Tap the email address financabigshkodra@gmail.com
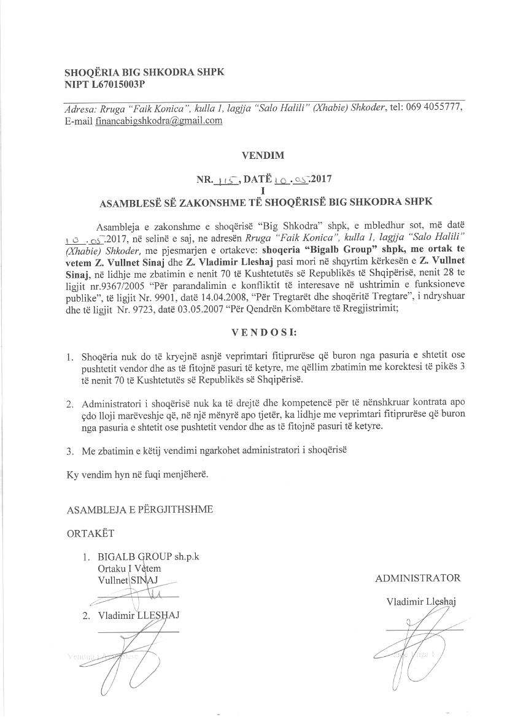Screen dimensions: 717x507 click(x=159, y=121)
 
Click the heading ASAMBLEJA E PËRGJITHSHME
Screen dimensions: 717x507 click(x=140, y=509)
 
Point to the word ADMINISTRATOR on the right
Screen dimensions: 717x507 click(x=417, y=578)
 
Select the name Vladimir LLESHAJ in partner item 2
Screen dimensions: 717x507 click(x=138, y=615)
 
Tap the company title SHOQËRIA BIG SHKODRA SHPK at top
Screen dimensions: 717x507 click(x=144, y=72)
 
